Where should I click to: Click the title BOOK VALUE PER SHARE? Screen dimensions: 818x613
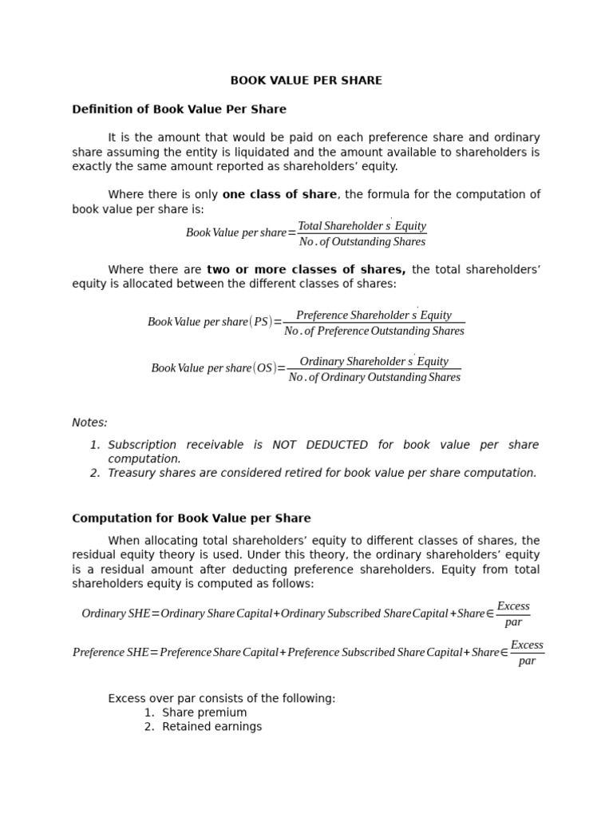coord(306,81)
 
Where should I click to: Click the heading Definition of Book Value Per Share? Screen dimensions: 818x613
coord(179,109)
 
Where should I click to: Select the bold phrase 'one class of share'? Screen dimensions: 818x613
coord(279,195)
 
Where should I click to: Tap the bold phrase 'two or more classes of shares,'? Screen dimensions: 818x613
coord(306,270)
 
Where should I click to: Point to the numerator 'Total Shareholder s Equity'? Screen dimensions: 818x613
coord(362,226)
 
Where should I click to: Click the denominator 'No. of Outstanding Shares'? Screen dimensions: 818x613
coord(362,242)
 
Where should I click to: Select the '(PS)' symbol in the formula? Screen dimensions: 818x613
coord(261,322)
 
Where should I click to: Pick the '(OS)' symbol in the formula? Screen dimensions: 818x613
coord(264,368)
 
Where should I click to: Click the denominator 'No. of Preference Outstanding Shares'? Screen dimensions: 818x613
coord(374,331)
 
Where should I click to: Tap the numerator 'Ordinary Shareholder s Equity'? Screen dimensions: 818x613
coord(374,362)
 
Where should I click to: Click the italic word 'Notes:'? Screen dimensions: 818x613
coord(89,423)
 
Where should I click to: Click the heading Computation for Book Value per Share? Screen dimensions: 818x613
coord(192,518)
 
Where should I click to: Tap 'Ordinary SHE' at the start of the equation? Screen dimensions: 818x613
coord(115,613)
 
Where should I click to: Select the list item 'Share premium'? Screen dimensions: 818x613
coord(204,713)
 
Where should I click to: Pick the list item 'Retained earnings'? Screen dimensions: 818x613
coord(212,727)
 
